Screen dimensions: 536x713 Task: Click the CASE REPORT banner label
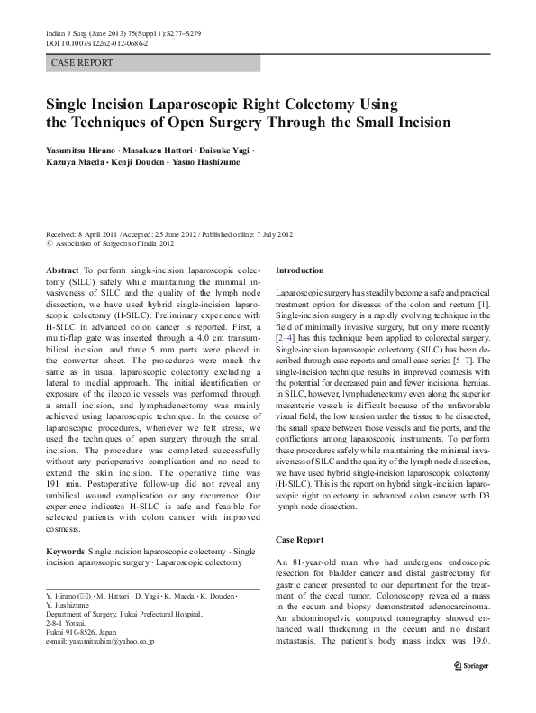coord(82,63)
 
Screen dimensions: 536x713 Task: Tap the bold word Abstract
coord(61,270)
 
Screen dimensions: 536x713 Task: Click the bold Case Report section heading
coord(298,540)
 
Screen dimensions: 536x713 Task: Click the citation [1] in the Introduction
coord(483,306)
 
